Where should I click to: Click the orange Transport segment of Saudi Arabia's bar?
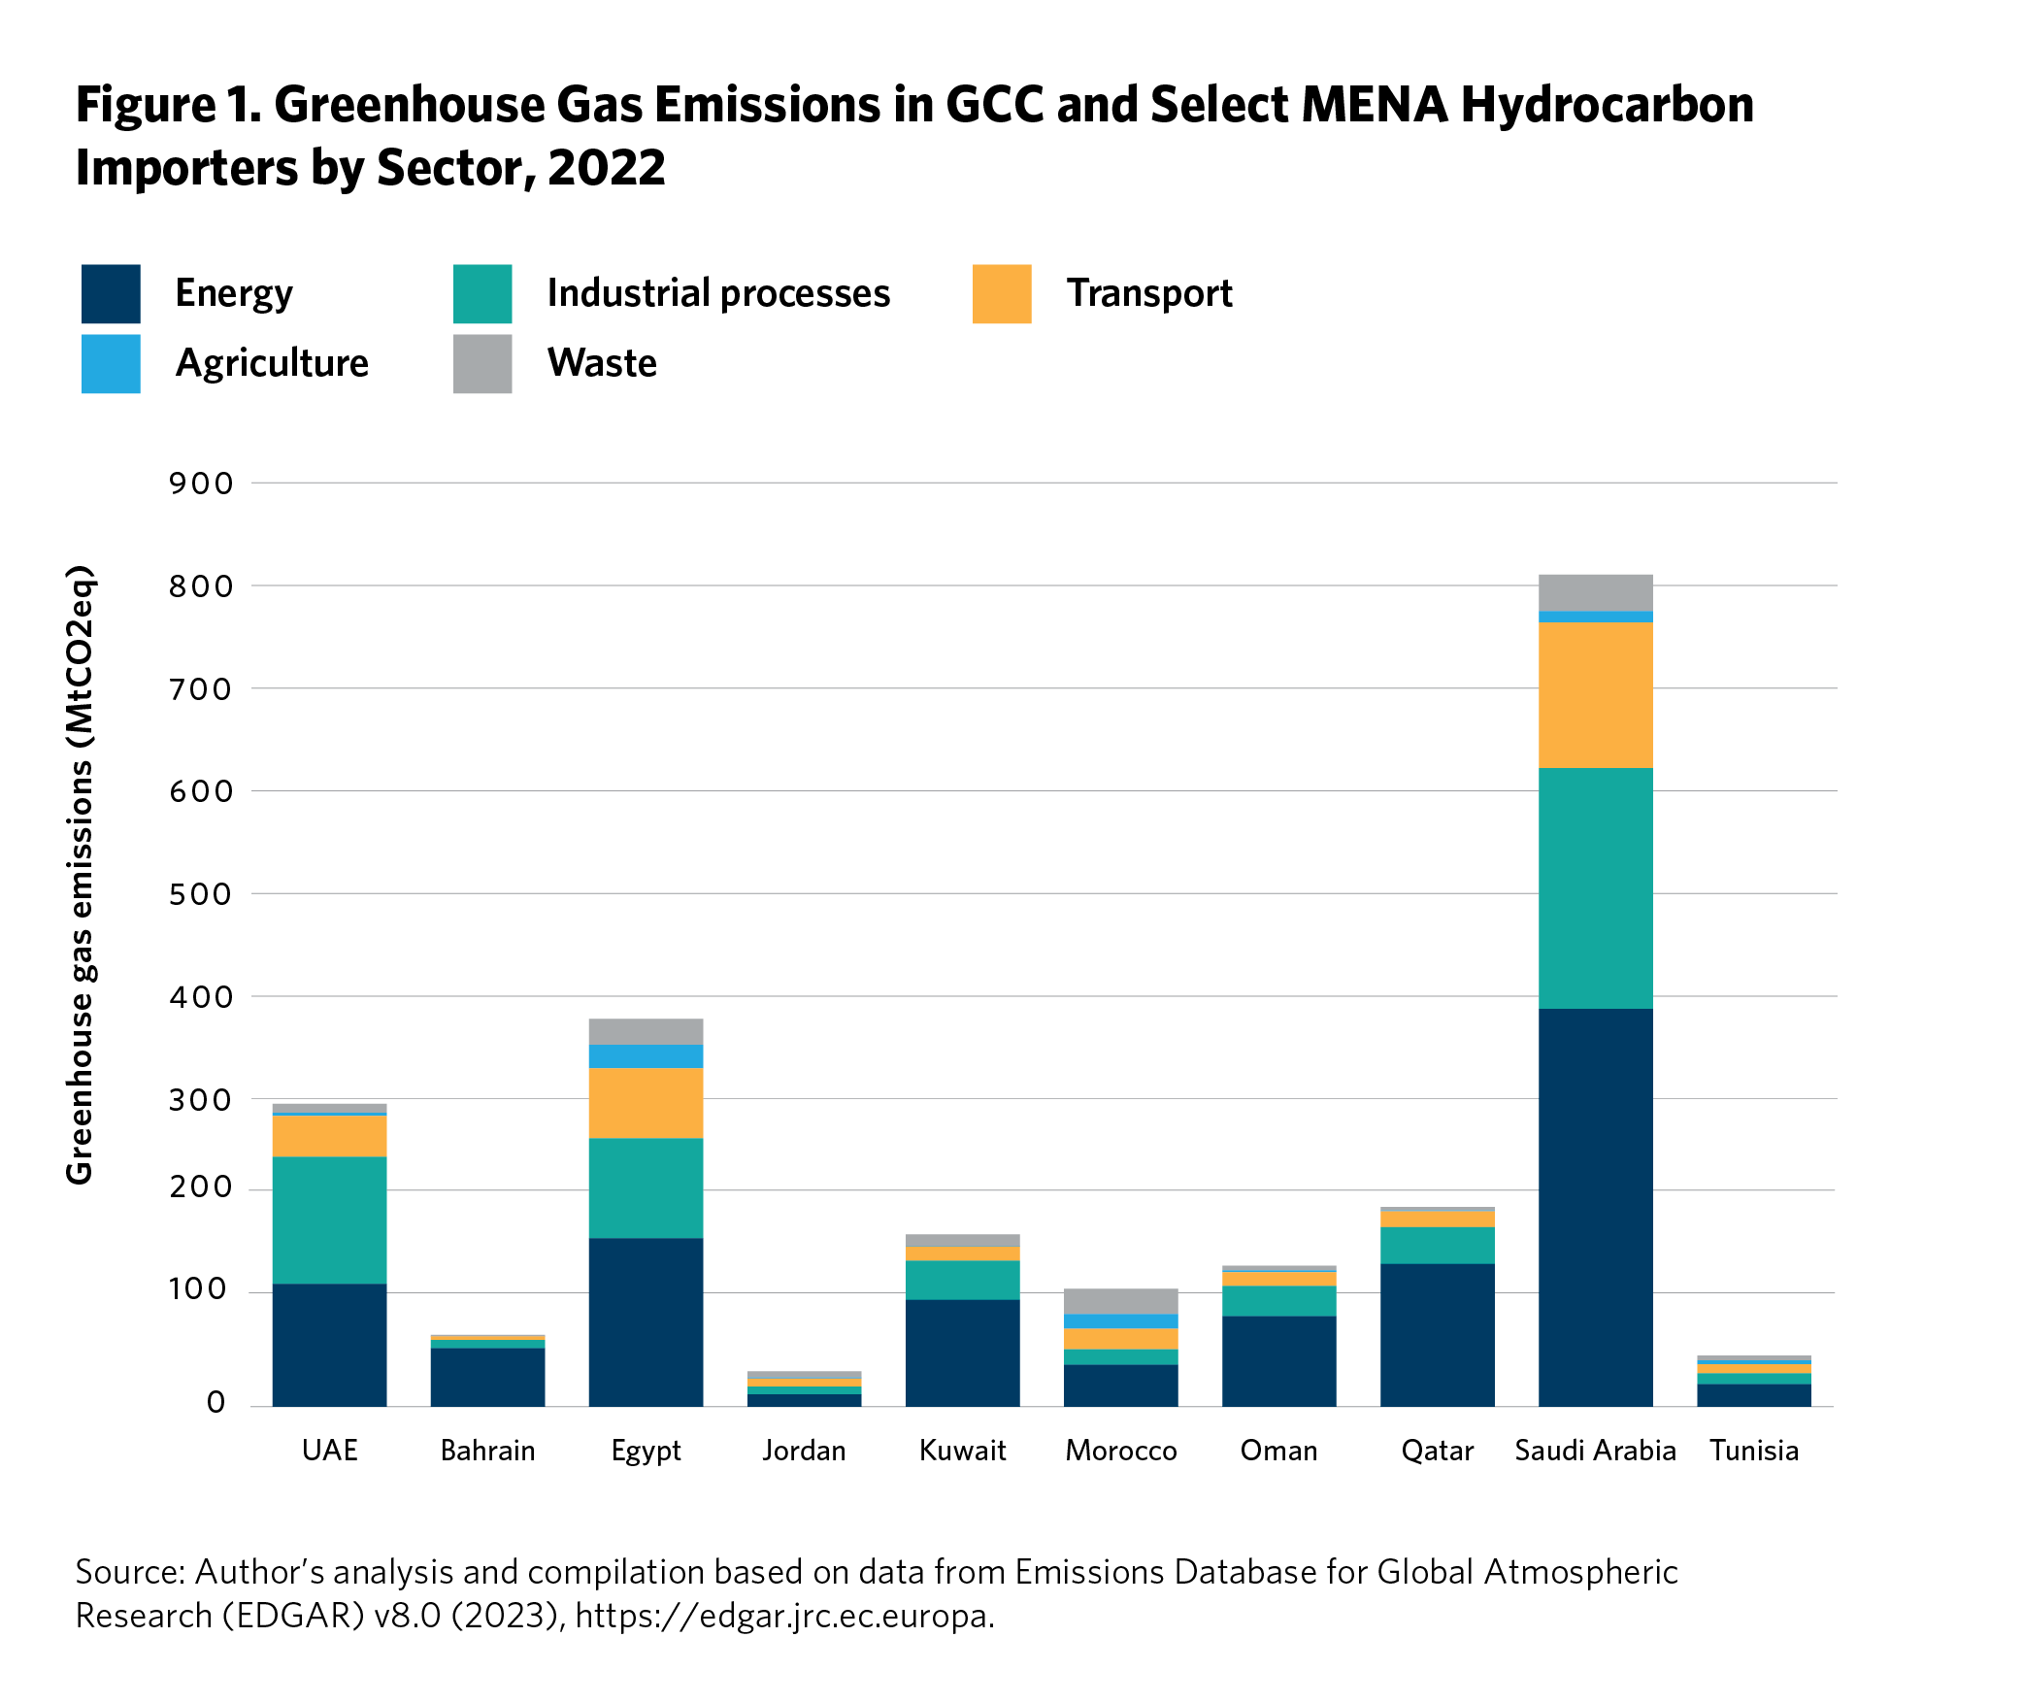1595,694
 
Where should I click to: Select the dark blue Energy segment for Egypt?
646,1321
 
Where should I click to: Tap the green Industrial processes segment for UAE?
329,1220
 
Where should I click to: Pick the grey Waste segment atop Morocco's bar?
1120,1301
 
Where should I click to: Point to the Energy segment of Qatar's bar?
1437,1334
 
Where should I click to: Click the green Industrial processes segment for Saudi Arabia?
1595,887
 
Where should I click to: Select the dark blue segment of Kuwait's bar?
962,1353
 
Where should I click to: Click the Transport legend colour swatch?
1001,293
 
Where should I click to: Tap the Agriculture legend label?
272,363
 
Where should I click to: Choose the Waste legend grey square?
481,363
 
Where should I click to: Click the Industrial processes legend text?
717,293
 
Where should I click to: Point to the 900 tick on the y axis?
201,484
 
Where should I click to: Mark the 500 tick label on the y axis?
201,894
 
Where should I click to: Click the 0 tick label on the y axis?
216,1402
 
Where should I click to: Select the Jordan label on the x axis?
804,1451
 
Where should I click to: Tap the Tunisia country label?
1753,1451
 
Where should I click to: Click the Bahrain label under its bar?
487,1451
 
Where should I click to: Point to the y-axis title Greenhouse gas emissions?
80,874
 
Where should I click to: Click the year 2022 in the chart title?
607,168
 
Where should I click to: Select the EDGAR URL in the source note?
784,1616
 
